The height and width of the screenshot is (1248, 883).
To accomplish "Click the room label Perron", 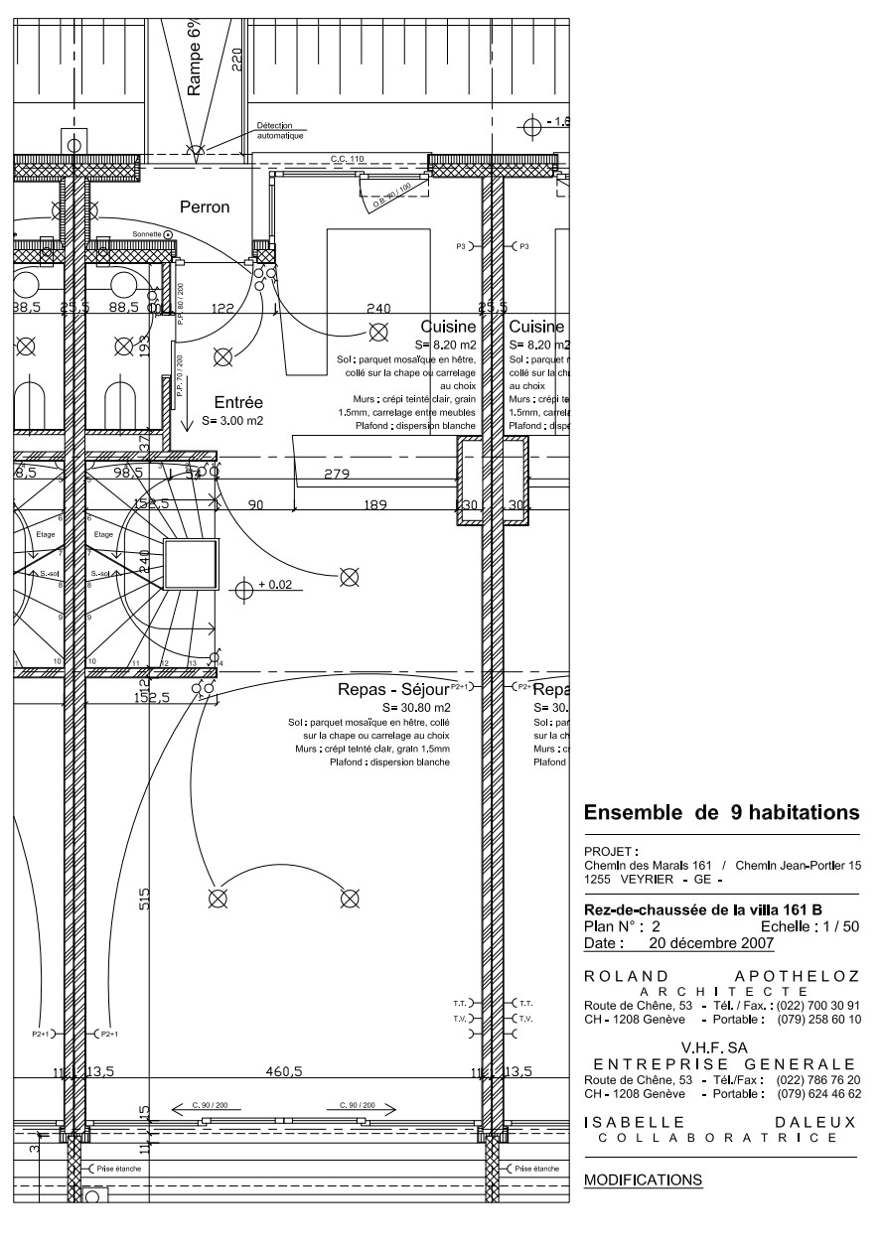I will (x=204, y=208).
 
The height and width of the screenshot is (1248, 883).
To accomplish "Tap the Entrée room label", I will (x=238, y=403).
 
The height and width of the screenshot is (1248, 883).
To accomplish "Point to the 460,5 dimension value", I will (x=283, y=1071).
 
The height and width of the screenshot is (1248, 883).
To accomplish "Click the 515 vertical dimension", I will (x=145, y=899).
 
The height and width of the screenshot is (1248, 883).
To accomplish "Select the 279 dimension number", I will (x=339, y=474).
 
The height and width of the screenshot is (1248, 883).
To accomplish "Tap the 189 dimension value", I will (x=374, y=505).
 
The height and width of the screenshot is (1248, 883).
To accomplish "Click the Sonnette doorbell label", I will (x=146, y=234).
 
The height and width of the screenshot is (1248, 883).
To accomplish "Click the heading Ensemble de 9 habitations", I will (x=721, y=812).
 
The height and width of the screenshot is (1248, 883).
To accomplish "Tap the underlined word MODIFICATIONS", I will (x=643, y=1180).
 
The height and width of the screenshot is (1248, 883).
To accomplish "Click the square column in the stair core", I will (x=189, y=566).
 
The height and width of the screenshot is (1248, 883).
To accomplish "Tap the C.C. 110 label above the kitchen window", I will (x=347, y=159).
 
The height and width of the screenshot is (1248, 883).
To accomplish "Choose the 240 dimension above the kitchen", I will (x=378, y=309).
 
